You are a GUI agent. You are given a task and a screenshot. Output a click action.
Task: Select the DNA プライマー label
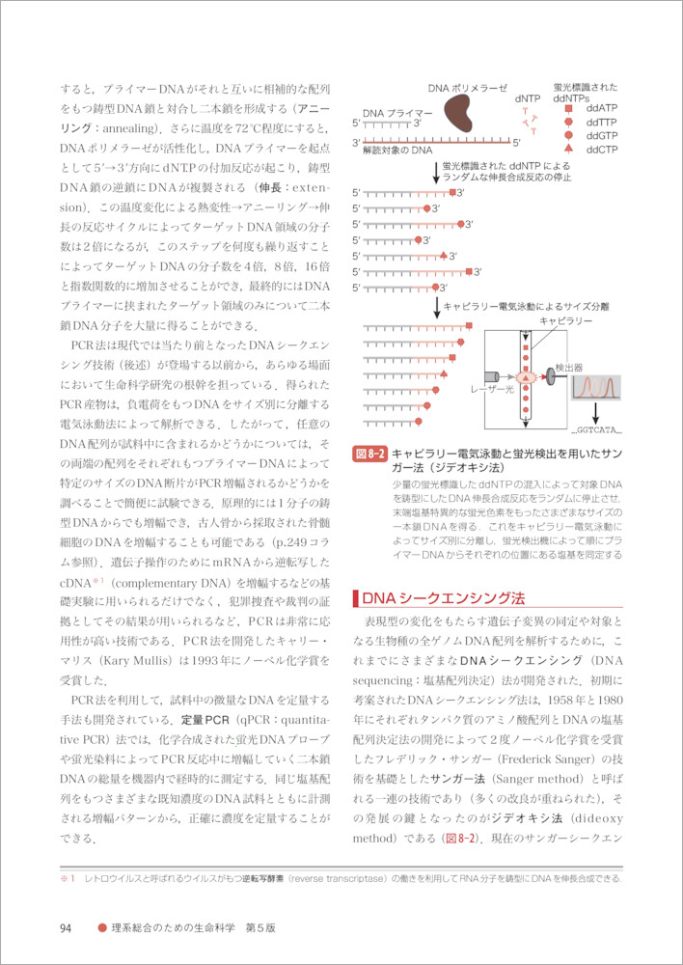397,113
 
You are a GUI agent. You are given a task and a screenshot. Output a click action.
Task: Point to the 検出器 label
569,368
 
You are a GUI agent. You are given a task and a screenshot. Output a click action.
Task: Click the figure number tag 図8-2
369,453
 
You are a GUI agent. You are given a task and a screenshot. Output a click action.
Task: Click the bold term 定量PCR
203,721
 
